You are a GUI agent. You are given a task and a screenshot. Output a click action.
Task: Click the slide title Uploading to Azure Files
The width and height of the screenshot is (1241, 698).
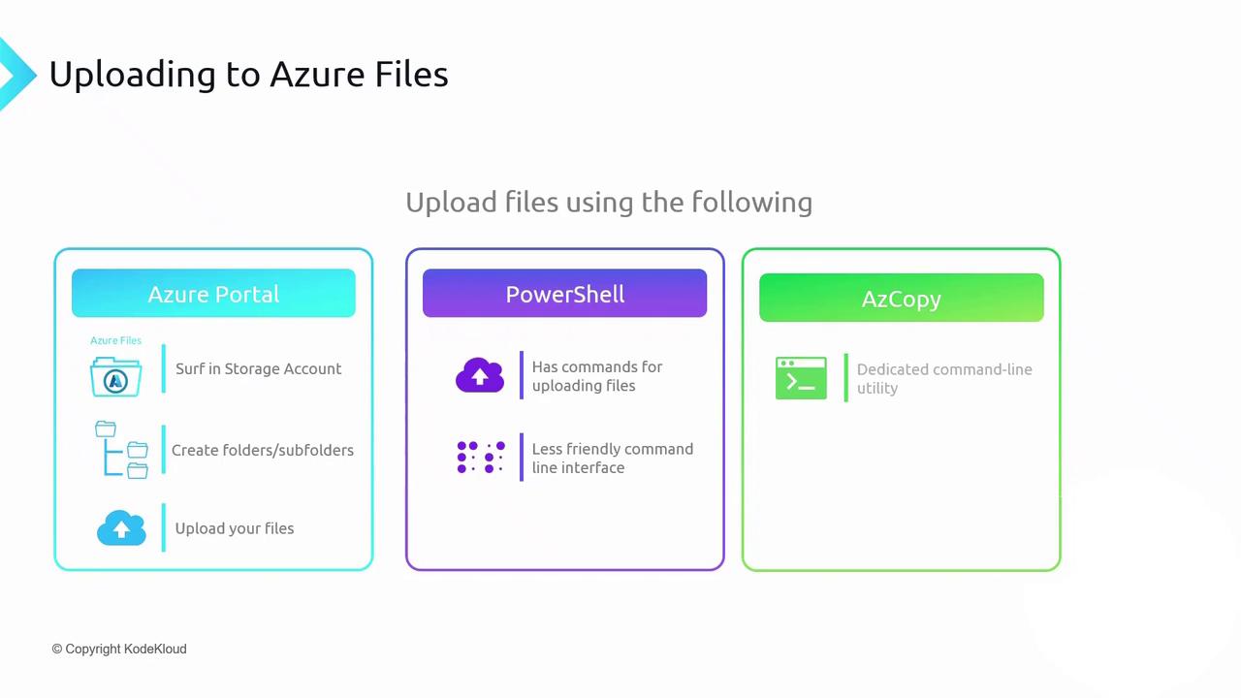click(x=248, y=75)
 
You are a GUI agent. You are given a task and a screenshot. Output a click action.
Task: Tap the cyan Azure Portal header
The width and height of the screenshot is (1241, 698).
click(x=213, y=294)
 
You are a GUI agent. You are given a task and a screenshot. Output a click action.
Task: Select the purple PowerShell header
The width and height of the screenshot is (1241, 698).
click(x=564, y=294)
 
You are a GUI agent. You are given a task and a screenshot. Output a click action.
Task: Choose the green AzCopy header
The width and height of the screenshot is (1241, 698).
click(x=901, y=299)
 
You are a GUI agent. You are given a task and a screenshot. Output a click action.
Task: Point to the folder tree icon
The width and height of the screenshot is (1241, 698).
click(x=121, y=450)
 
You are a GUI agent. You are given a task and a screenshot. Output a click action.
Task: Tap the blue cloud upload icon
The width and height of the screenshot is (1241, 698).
click(x=121, y=528)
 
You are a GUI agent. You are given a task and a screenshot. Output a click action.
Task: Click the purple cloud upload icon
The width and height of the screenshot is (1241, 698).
click(x=480, y=375)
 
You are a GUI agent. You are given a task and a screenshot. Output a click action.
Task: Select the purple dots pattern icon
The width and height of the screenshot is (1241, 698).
click(x=481, y=458)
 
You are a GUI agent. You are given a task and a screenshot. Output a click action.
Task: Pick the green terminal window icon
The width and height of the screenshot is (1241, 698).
click(x=801, y=378)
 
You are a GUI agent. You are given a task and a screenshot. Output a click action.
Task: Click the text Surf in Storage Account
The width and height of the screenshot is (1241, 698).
click(x=258, y=368)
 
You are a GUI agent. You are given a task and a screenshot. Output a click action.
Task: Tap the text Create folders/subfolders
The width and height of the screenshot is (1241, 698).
click(x=262, y=450)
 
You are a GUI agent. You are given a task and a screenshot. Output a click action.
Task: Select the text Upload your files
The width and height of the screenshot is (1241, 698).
click(x=235, y=528)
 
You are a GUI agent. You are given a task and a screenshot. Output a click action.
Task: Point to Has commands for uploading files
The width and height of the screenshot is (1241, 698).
click(x=596, y=376)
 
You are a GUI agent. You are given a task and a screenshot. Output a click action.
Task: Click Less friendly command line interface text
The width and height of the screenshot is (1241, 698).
click(x=612, y=458)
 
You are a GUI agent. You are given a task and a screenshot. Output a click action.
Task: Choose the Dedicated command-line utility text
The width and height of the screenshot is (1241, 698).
click(x=943, y=378)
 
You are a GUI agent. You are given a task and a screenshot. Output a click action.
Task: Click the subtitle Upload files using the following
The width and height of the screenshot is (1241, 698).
click(x=609, y=202)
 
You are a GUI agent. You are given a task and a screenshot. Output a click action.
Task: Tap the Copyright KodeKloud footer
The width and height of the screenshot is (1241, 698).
click(x=119, y=649)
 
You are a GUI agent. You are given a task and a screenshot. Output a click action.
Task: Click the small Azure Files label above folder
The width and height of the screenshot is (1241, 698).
click(x=115, y=340)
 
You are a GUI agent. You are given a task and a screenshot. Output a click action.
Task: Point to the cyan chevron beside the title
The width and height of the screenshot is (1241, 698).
click(x=15, y=75)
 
